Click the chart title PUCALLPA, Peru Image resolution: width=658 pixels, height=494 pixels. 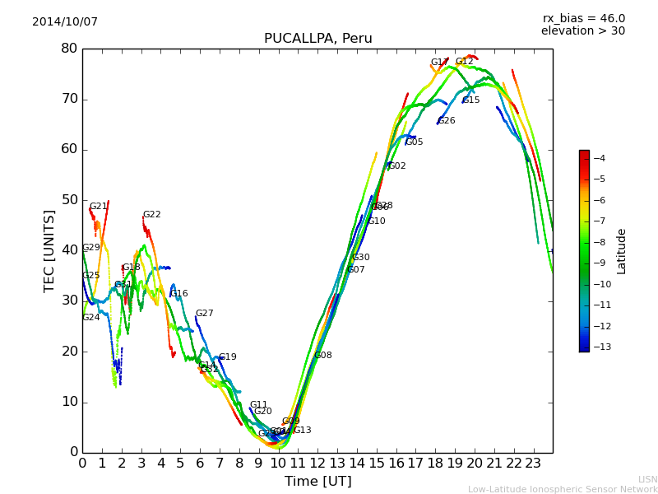click(x=317, y=39)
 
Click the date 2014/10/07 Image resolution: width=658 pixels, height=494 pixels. click(x=65, y=22)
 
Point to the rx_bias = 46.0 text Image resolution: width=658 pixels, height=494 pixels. click(x=583, y=18)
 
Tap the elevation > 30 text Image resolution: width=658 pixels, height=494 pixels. click(x=583, y=31)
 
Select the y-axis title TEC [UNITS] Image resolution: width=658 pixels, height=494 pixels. click(x=49, y=250)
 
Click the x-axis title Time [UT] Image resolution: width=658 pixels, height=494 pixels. click(x=317, y=482)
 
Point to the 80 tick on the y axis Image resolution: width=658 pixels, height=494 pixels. click(x=69, y=49)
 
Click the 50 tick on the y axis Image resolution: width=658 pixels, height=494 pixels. click(x=69, y=200)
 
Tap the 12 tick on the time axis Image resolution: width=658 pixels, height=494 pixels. click(x=317, y=464)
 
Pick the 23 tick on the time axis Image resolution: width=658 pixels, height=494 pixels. click(x=533, y=464)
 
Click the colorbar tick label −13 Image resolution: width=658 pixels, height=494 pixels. click(x=598, y=347)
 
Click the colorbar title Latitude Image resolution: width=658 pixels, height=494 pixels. click(x=622, y=251)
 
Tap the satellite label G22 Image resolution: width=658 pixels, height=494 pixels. click(x=152, y=215)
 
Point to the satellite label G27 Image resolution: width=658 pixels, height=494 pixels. click(x=204, y=314)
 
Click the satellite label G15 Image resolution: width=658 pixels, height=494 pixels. click(x=470, y=100)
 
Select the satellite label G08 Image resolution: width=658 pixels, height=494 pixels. click(x=323, y=356)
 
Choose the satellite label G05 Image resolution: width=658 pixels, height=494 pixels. click(x=415, y=142)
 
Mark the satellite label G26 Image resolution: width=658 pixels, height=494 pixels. click(x=447, y=121)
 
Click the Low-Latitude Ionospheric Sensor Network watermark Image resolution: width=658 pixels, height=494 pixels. click(x=563, y=490)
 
